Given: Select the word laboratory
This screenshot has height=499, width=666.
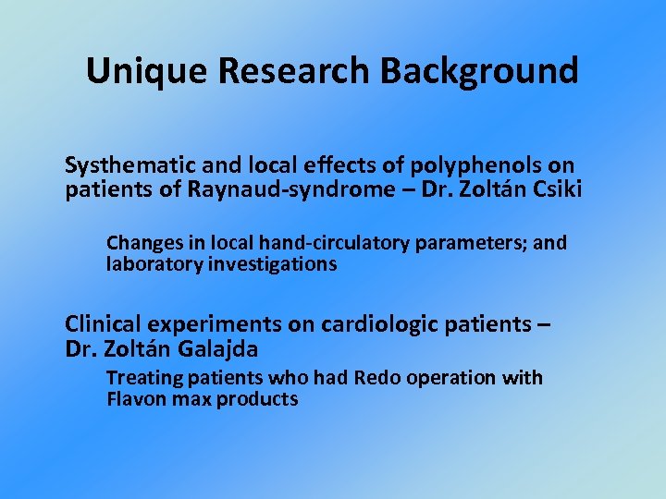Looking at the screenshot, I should pyautogui.click(x=149, y=265).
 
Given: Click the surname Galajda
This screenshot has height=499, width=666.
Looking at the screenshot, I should pyautogui.click(x=215, y=349).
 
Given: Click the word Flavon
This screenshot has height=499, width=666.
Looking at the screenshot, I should pyautogui.click(x=135, y=400).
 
